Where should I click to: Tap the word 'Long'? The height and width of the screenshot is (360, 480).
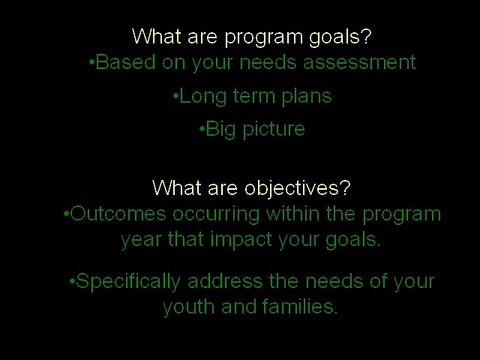(199, 97)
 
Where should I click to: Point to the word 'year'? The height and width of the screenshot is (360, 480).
(142, 240)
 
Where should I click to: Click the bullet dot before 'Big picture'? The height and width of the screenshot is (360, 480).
(201, 130)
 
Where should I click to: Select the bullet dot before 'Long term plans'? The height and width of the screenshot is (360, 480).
(175, 98)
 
